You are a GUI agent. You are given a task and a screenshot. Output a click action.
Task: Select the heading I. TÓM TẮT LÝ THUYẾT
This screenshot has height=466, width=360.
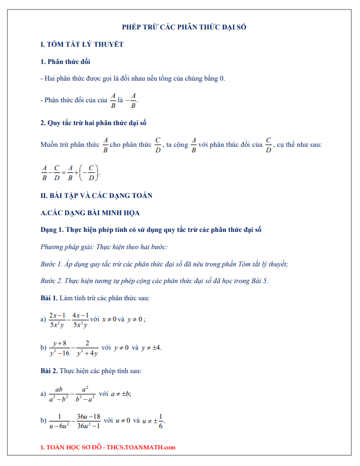[x=82, y=44]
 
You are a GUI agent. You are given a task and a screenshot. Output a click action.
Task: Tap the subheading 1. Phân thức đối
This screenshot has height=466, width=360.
[x=65, y=61]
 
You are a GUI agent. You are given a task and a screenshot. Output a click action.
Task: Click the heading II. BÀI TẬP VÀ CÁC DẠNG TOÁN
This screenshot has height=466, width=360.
[x=96, y=195]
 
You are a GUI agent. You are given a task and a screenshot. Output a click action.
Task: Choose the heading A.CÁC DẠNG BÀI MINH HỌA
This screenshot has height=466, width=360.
[x=90, y=212]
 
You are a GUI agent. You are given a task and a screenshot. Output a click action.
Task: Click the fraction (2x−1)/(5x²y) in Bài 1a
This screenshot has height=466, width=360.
[x=58, y=320]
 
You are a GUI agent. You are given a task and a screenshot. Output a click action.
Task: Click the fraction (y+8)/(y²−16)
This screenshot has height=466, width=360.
[x=60, y=348]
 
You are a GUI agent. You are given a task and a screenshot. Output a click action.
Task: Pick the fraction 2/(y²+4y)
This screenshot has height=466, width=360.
[x=87, y=348]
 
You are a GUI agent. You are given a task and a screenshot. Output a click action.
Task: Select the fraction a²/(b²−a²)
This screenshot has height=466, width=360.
[x=85, y=393]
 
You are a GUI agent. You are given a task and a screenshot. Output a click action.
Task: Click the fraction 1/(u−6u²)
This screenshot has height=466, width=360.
[x=58, y=421]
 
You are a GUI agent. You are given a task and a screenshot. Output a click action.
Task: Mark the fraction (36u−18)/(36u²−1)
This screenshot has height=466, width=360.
[x=88, y=421]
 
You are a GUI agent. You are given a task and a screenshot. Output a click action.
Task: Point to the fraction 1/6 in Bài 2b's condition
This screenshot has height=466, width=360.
[x=161, y=421]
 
